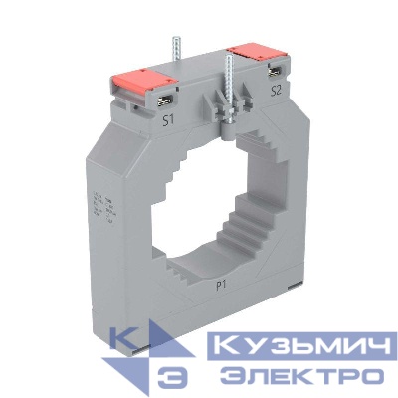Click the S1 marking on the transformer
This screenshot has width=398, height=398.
[x=170, y=121]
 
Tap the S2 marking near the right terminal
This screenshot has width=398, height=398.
[x=276, y=91]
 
